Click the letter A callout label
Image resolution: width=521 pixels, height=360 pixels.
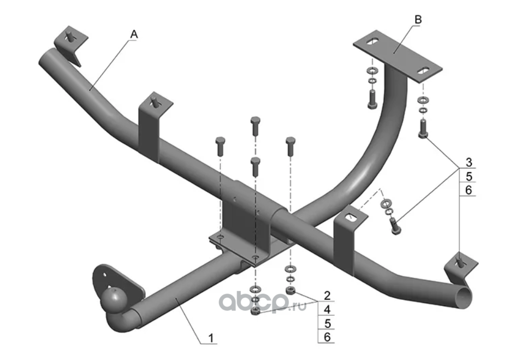134,34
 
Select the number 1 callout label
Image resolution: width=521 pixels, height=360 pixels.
211,339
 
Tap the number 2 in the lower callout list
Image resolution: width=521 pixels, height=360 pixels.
327,296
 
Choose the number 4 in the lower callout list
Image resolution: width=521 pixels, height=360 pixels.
327,310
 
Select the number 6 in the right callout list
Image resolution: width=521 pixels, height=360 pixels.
468,190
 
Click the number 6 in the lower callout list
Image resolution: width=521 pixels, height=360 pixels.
327,337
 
